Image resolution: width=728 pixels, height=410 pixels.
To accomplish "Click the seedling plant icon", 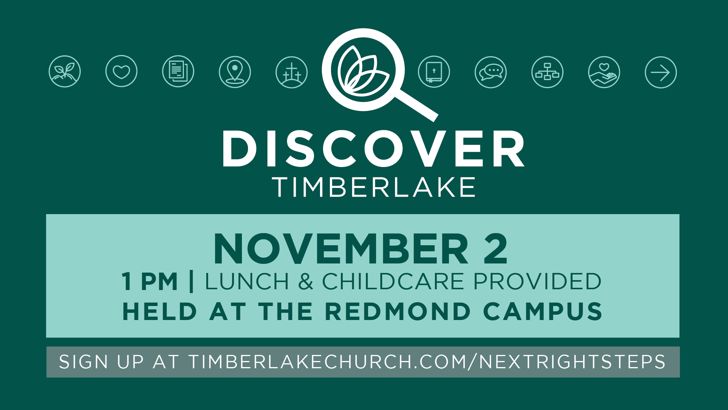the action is tap(65, 71).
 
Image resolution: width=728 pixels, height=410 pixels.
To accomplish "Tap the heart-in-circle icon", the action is tap(121, 71).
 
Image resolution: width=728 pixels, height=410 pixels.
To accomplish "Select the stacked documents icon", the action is tap(178, 71).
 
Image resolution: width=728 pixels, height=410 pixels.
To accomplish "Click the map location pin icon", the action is tap(235, 72).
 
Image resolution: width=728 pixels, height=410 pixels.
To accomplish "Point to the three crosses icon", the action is tap(292, 72).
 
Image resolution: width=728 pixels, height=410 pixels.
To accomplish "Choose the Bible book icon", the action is tap(434, 72).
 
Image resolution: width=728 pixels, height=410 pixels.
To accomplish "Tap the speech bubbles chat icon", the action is tap(491, 72).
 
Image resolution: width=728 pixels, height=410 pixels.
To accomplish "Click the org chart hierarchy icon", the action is tap(548, 72).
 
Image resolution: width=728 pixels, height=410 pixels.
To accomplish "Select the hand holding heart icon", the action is tap(604, 72).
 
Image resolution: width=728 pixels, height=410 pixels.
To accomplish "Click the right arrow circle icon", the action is tap(661, 73).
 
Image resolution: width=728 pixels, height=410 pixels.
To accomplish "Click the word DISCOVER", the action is tap(373, 148).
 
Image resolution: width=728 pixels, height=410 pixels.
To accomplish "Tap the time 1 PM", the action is tap(150, 282).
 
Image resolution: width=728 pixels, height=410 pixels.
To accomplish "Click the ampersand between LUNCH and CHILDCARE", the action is tap(306, 282).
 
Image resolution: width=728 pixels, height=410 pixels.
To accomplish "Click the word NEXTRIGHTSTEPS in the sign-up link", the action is tap(572, 362).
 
